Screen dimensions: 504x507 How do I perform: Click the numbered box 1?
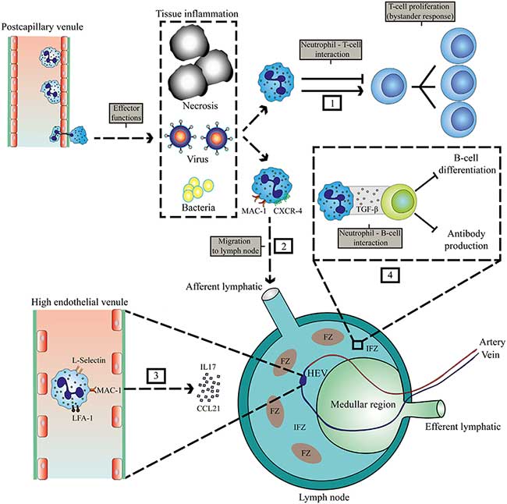pyautogui.click(x=312, y=103)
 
